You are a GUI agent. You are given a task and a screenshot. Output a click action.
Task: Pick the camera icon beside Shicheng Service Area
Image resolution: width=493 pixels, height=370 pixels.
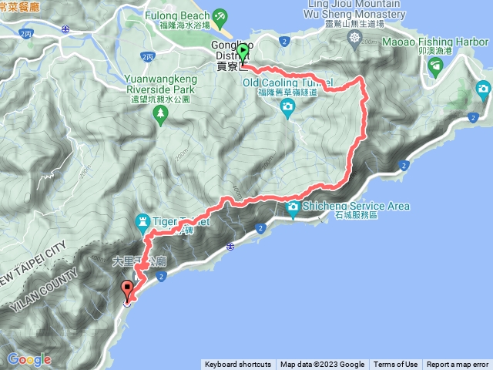(x=293, y=206)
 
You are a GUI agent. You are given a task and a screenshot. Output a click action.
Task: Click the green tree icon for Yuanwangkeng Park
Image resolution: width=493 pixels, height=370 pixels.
(x=161, y=115)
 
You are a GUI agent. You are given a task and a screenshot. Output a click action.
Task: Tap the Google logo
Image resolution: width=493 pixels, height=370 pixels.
(x=28, y=358)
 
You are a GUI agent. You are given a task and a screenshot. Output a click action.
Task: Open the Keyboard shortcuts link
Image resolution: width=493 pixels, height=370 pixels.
(x=238, y=365)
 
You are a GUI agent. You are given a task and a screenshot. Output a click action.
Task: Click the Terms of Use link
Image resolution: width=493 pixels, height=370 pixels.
(x=396, y=365)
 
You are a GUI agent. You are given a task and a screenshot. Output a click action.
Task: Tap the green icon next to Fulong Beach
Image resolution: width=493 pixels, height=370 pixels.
(x=220, y=15)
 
